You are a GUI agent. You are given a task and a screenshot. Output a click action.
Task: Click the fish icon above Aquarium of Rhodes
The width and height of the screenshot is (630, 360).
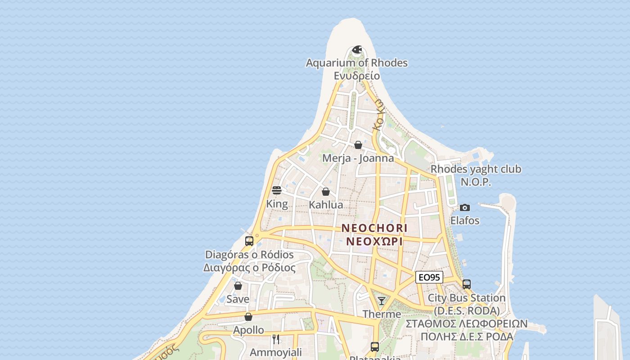357,49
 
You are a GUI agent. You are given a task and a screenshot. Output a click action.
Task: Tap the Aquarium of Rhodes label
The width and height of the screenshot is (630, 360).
356,63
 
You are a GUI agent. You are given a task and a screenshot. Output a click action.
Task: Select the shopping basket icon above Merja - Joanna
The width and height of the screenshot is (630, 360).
358,145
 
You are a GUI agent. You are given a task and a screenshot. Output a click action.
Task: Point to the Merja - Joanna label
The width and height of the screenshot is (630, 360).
358,158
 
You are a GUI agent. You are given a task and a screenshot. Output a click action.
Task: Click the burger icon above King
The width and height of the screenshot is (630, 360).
277,190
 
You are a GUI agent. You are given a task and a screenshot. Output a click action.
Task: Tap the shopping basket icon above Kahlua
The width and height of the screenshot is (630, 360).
326,192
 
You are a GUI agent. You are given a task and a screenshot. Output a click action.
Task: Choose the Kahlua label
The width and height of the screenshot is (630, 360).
326,205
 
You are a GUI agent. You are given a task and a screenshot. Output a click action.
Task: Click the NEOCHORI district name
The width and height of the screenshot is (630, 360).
374,228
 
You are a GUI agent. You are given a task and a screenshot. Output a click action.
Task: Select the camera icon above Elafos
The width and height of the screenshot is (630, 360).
465,207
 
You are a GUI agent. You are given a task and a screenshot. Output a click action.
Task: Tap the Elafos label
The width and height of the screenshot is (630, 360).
465,220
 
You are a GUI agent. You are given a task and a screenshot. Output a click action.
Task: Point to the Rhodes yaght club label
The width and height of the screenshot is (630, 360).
476,169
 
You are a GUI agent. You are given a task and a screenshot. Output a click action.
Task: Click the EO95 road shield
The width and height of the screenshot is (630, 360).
429,277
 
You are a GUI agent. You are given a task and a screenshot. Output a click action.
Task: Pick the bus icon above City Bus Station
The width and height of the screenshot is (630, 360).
467,284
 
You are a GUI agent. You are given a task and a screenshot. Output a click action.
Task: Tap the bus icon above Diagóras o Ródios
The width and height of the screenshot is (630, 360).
249,241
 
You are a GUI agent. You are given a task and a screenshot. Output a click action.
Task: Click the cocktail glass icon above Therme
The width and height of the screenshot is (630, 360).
382,301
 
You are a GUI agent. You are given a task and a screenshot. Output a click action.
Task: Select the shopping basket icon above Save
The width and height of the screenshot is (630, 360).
238,286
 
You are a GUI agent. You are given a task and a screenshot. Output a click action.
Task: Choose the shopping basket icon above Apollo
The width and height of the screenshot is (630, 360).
248,317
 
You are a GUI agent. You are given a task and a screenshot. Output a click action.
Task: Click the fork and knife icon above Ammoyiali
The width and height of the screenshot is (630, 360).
276,339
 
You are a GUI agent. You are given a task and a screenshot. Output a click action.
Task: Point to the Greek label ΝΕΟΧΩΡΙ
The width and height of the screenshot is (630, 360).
374,241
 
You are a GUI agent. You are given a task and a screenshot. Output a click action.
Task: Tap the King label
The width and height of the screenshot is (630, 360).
277,204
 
